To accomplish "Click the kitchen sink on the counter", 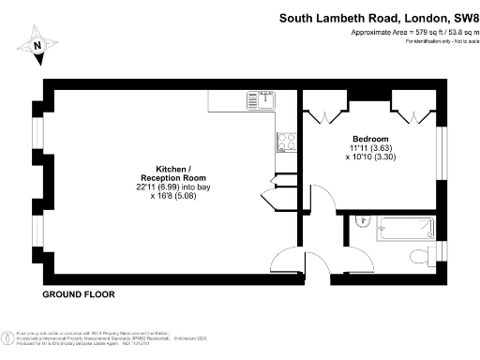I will pyautogui.click(x=260, y=98).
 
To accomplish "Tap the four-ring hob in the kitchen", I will pyautogui.click(x=286, y=142).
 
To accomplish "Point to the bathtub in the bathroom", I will pyautogui.click(x=404, y=228).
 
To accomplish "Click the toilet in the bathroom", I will pyautogui.click(x=420, y=256).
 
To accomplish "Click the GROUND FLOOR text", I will pyautogui.click(x=79, y=294).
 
